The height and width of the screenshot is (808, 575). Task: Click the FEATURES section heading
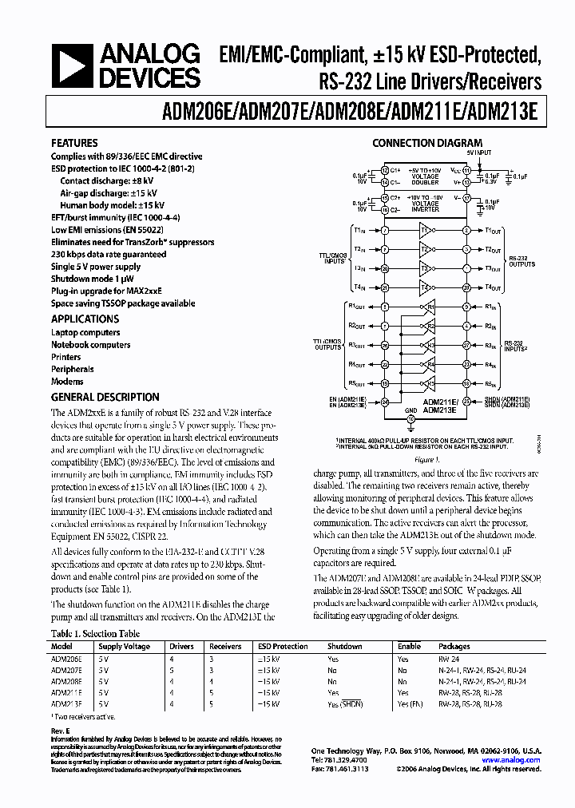pos(74,143)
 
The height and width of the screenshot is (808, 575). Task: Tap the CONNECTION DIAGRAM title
pos(429,144)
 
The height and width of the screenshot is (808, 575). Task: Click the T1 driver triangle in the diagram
pos(424,230)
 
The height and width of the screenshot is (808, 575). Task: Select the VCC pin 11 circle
pos(466,170)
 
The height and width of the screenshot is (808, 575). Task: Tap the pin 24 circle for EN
pos(385,402)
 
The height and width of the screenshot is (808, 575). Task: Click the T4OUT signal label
pos(493,287)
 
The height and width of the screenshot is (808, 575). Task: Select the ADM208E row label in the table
pos(64,681)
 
